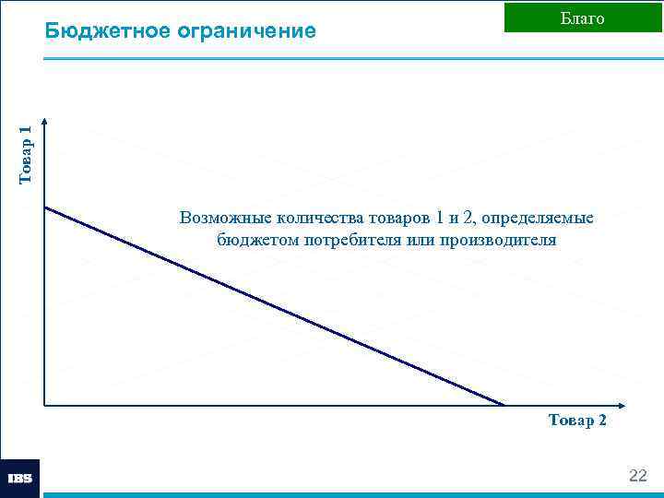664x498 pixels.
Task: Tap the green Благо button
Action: (582, 18)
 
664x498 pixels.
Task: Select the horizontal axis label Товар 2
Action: (577, 421)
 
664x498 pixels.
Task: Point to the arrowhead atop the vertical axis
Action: (44, 123)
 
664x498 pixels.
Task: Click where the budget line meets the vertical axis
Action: (44, 207)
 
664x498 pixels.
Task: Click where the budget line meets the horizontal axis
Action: (504, 405)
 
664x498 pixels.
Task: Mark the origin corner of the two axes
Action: (44, 405)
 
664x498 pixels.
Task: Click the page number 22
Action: (637, 476)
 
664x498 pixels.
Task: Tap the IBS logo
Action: (19, 479)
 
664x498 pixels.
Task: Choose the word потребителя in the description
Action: (355, 240)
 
